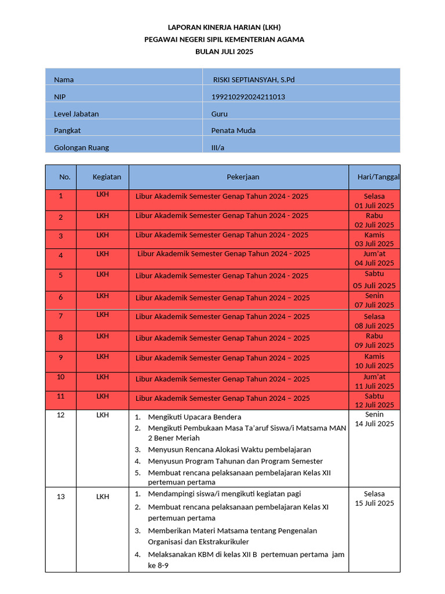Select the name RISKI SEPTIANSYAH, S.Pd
pyautogui.click(x=254, y=79)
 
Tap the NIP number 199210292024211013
pyautogui.click(x=247, y=97)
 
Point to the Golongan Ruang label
pyautogui.click(x=81, y=147)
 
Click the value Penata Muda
pyautogui.click(x=233, y=131)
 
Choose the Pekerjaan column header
pyautogui.click(x=243, y=177)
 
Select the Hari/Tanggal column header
pyautogui.click(x=375, y=177)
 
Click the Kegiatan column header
pyautogui.click(x=107, y=176)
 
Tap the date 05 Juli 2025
pyautogui.click(x=374, y=285)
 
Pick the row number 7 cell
pyautogui.click(x=61, y=317)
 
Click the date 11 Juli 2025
pyautogui.click(x=374, y=386)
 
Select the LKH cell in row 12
pyautogui.click(x=103, y=415)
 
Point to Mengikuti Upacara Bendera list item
pyautogui.click(x=195, y=417)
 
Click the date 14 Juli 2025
pyautogui.click(x=374, y=424)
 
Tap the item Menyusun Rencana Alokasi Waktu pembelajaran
pyautogui.click(x=229, y=450)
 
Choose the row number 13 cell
pyautogui.click(x=61, y=497)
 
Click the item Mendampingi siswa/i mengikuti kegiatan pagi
pyautogui.click(x=224, y=494)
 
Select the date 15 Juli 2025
pyautogui.click(x=374, y=503)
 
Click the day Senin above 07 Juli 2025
pyautogui.click(x=374, y=296)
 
